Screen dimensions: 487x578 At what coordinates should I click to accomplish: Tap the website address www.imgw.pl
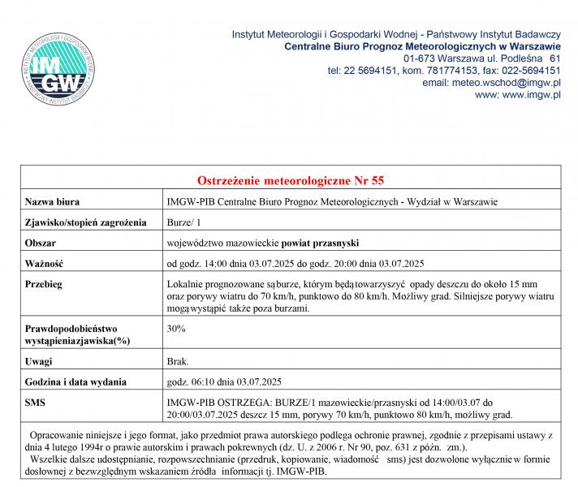pyautogui.click(x=529, y=95)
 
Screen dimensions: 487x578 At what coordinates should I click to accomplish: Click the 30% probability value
pyautogui.click(x=176, y=329)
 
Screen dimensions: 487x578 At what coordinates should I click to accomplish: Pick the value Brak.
pyautogui.click(x=178, y=360)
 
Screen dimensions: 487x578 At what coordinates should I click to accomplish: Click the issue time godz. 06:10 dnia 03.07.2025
pyautogui.click(x=223, y=381)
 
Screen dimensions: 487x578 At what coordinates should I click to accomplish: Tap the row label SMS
pyautogui.click(x=36, y=403)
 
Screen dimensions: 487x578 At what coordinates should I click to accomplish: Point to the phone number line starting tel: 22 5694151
pyautogui.click(x=444, y=71)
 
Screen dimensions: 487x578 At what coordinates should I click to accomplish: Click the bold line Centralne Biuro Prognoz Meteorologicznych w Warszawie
pyautogui.click(x=423, y=46)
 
